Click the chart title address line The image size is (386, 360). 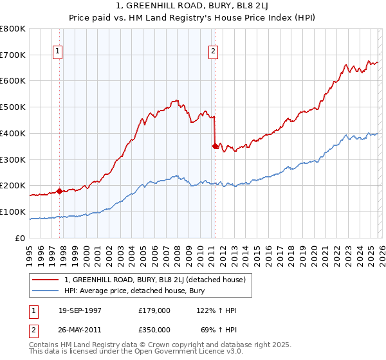[193, 6]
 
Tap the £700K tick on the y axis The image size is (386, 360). [13, 55]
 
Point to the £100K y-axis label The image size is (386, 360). [13, 212]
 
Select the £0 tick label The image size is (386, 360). [20, 238]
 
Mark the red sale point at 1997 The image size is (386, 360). [59, 191]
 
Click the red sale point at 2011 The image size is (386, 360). [215, 146]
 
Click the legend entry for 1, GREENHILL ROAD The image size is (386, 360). [154, 280]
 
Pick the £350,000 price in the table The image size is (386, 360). [154, 329]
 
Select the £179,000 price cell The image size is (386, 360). [154, 310]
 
